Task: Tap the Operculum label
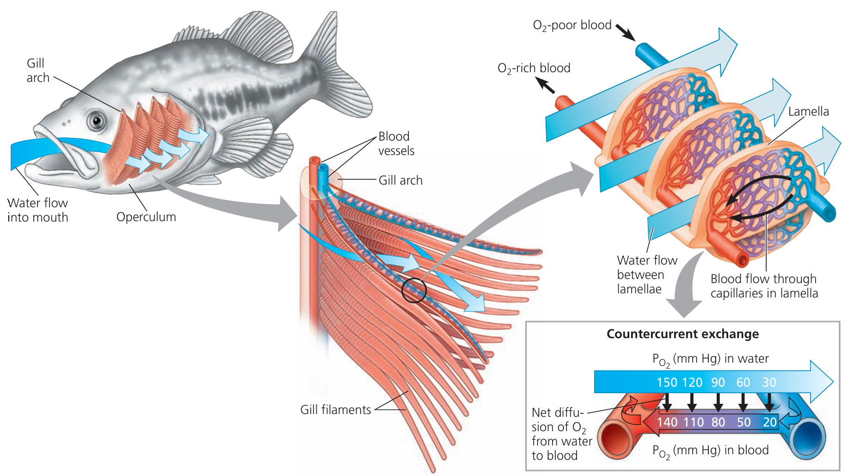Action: [146, 217]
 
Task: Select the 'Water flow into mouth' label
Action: [38, 210]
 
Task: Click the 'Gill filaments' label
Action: [336, 410]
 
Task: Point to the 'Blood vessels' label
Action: [396, 143]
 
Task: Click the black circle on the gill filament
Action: [413, 291]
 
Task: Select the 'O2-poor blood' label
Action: [572, 25]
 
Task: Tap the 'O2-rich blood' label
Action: [534, 68]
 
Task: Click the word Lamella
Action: [808, 111]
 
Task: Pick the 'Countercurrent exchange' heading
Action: [682, 334]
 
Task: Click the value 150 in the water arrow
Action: [667, 383]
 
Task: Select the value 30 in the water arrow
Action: [769, 383]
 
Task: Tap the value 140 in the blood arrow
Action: [667, 422]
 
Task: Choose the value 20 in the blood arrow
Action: [769, 422]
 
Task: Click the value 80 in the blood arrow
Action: [718, 422]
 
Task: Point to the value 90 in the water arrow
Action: [718, 383]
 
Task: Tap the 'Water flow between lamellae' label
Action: [646, 275]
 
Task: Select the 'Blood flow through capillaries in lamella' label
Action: [764, 286]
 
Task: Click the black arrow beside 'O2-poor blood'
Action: [626, 32]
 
